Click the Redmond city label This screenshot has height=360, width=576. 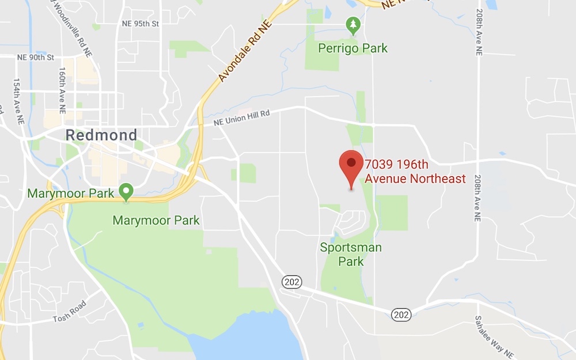coord(101,135)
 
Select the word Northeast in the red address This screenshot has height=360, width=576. coord(438,179)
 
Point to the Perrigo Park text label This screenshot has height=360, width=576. coord(353,48)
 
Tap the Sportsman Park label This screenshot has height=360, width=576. coord(351,255)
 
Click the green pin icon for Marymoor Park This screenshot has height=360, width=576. coord(126,191)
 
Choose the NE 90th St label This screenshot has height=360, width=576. coord(35,57)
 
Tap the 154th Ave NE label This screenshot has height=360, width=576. coord(18,101)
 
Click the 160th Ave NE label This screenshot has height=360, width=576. coord(62,90)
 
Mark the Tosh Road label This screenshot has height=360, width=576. coord(70,311)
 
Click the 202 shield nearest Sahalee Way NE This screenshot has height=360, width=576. coord(401,314)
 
